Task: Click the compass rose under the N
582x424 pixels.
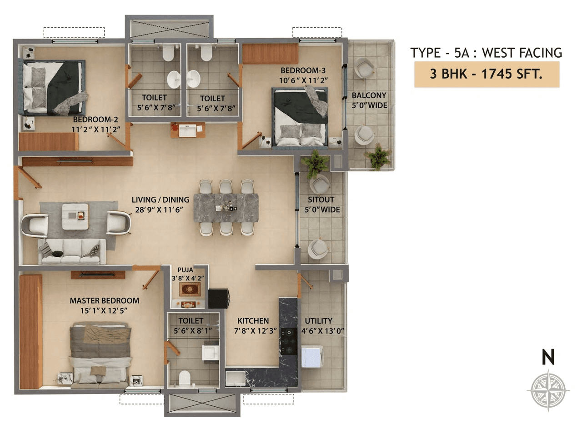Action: [x=548, y=389]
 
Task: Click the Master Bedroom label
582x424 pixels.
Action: [x=104, y=301]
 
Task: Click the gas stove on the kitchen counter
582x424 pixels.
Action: [x=288, y=341]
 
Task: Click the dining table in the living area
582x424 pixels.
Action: [x=226, y=208]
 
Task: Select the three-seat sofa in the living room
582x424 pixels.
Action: [x=72, y=251]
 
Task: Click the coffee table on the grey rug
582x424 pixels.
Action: [x=75, y=216]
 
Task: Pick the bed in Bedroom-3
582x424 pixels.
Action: [x=300, y=118]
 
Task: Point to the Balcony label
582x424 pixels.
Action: [x=369, y=95]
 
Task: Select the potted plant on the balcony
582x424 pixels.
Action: [x=378, y=157]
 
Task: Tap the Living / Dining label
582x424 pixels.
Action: [x=160, y=199]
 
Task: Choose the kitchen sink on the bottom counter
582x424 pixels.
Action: [x=235, y=378]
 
